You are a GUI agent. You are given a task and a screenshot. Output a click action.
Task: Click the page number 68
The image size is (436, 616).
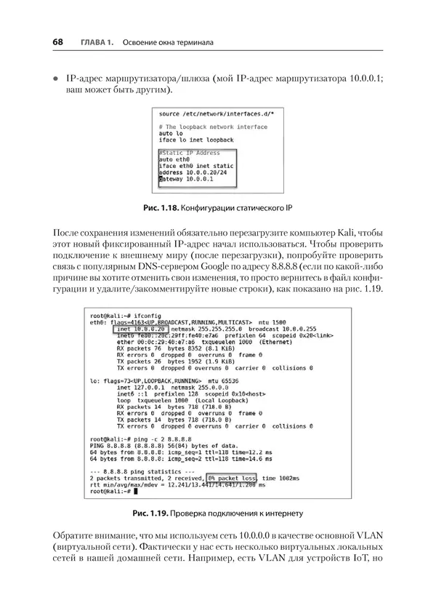(57, 42)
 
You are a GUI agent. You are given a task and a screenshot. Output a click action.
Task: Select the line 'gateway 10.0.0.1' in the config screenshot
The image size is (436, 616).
(185, 178)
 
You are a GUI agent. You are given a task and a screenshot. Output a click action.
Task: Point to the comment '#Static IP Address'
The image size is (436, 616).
(189, 153)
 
